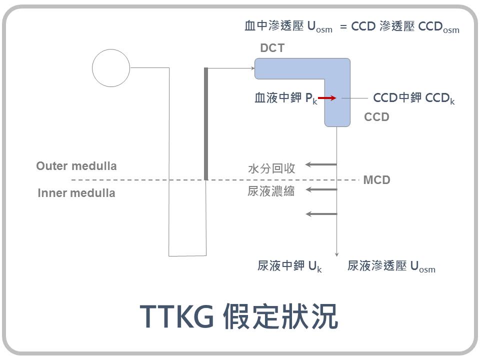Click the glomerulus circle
click(111, 68)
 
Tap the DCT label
click(272, 48)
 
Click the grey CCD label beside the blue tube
click(376, 117)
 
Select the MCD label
click(376, 180)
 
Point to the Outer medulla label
click(76, 166)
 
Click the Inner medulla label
click(76, 193)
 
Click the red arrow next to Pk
click(327, 98)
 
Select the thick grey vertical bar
click(206, 123)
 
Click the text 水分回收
click(271, 168)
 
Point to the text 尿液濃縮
click(271, 191)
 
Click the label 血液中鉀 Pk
click(286, 98)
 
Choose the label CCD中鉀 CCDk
click(414, 98)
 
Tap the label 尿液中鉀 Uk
click(289, 266)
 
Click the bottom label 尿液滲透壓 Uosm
click(391, 266)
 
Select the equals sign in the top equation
click(343, 27)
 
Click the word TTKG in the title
click(176, 316)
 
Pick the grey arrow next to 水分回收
click(321, 164)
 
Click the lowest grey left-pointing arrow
click(321, 214)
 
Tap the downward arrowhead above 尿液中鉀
click(336, 254)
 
